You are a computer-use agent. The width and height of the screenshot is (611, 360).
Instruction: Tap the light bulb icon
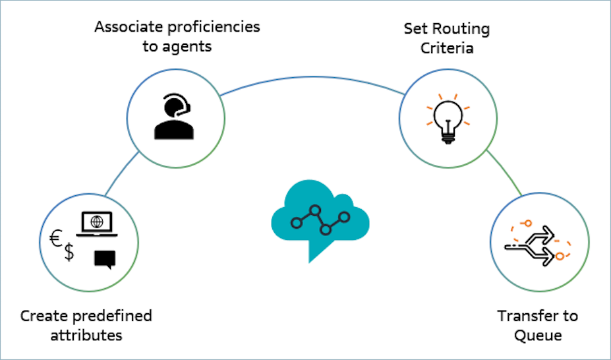[447, 117]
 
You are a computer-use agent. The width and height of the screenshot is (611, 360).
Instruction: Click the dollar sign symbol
[69, 253]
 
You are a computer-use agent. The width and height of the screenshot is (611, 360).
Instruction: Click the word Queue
[538, 335]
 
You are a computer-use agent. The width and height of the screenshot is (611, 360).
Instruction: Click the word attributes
[85, 335]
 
